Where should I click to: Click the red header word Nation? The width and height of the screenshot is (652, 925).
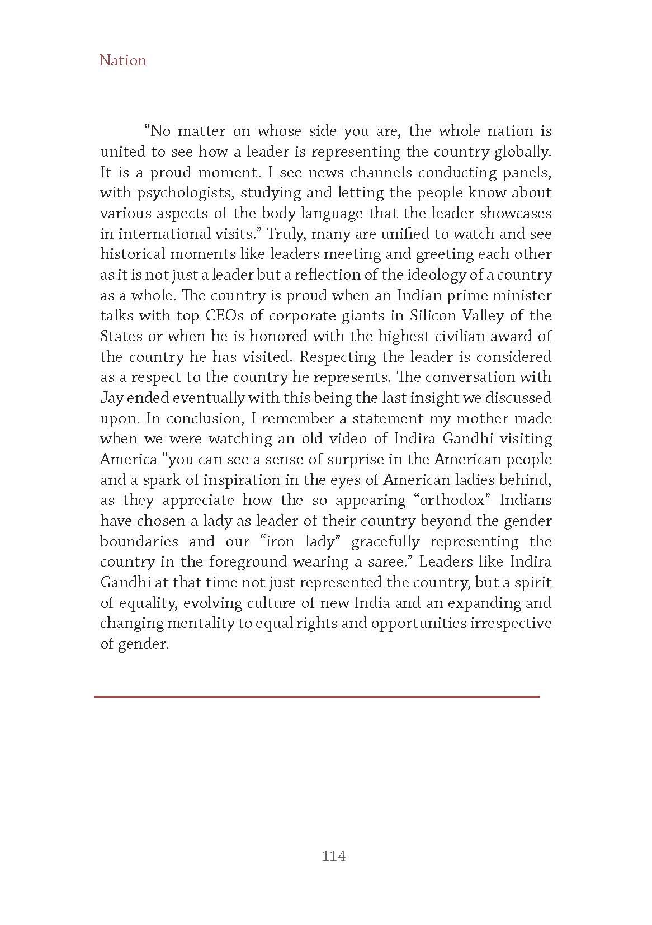[x=122, y=60]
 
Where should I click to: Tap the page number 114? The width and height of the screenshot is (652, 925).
[x=334, y=856]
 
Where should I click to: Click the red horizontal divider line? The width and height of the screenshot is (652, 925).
[x=317, y=696]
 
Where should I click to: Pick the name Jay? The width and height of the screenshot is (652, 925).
[x=111, y=398]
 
